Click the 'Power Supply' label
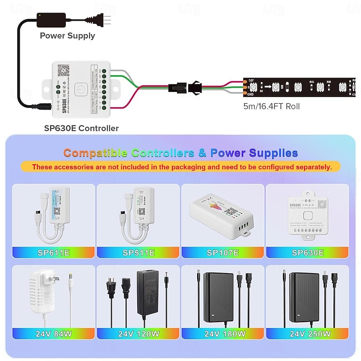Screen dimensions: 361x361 tap(67, 36)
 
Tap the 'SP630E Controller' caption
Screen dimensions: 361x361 tap(81, 128)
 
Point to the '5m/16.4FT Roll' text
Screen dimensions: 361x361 tap(270, 107)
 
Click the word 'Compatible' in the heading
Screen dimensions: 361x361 tap(95, 153)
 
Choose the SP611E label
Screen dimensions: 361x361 tap(53, 253)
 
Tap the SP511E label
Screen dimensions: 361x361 tap(139, 253)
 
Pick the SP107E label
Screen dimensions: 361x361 tap(223, 253)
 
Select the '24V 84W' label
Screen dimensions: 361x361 tap(53, 334)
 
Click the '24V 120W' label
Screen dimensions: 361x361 tap(139, 334)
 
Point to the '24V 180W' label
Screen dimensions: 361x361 tap(223, 334)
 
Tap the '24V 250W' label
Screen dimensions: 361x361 tap(308, 334)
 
